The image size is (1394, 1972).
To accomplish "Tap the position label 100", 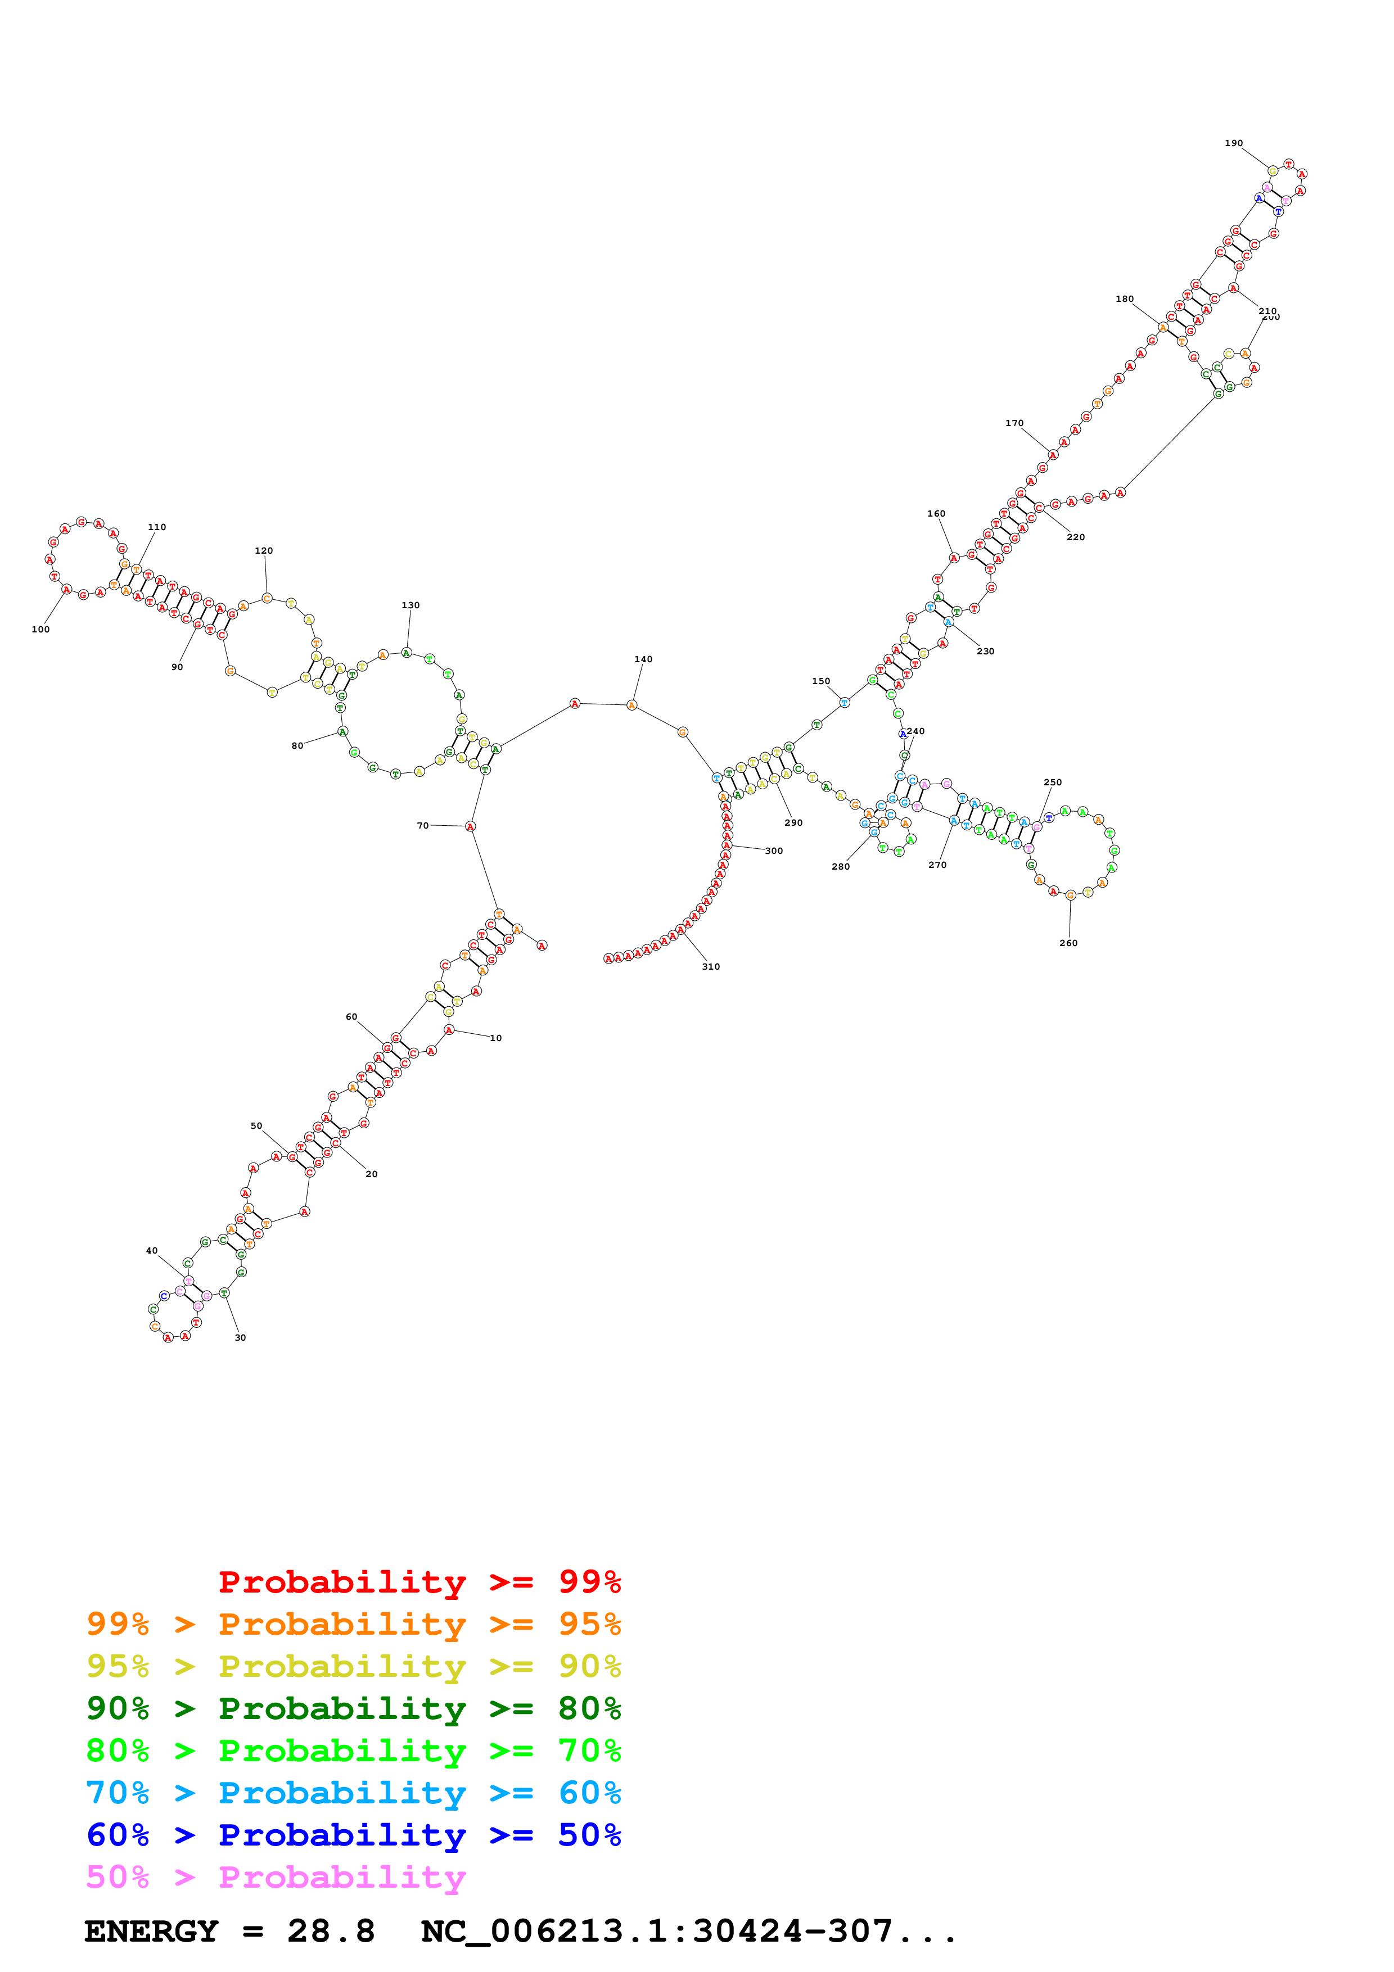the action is tap(40, 630).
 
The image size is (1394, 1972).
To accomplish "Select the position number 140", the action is tap(643, 659).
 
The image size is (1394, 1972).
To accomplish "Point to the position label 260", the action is tap(1068, 943).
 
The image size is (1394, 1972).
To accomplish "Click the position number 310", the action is tap(711, 966).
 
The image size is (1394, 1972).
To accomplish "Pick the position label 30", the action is tap(241, 1337).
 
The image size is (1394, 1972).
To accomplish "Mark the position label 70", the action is tap(422, 825).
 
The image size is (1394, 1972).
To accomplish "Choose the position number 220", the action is tap(1076, 537).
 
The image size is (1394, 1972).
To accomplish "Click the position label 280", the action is tap(841, 867).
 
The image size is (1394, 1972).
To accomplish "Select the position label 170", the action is tap(1014, 423).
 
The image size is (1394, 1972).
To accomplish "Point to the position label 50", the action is tap(256, 1126).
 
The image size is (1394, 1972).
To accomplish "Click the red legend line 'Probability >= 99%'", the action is tap(419, 1582).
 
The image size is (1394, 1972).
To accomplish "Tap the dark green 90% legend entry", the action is tap(353, 1708).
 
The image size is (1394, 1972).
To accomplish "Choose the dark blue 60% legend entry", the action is tap(353, 1835).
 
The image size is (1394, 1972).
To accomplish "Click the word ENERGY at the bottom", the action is tap(151, 1931).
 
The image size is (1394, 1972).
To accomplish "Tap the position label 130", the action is tap(410, 605).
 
